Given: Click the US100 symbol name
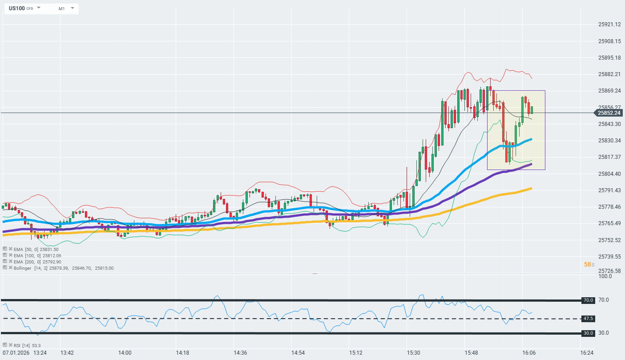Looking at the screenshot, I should click(x=16, y=8).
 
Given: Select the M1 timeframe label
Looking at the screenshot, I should click(x=61, y=8).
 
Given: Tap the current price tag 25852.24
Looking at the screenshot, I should click(x=609, y=113).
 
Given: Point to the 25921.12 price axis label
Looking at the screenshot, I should click(x=609, y=24).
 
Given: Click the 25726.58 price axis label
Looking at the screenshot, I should click(x=609, y=271).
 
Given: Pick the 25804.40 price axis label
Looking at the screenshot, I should click(x=609, y=174).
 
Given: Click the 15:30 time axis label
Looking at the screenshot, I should click(x=413, y=353).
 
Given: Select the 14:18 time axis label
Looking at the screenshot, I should click(x=182, y=353).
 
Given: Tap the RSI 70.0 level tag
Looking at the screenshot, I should click(x=588, y=300).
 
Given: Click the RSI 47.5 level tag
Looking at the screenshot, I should click(x=588, y=319).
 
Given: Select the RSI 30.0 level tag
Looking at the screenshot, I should click(x=588, y=333).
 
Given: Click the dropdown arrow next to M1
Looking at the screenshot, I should click(x=72, y=8).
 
